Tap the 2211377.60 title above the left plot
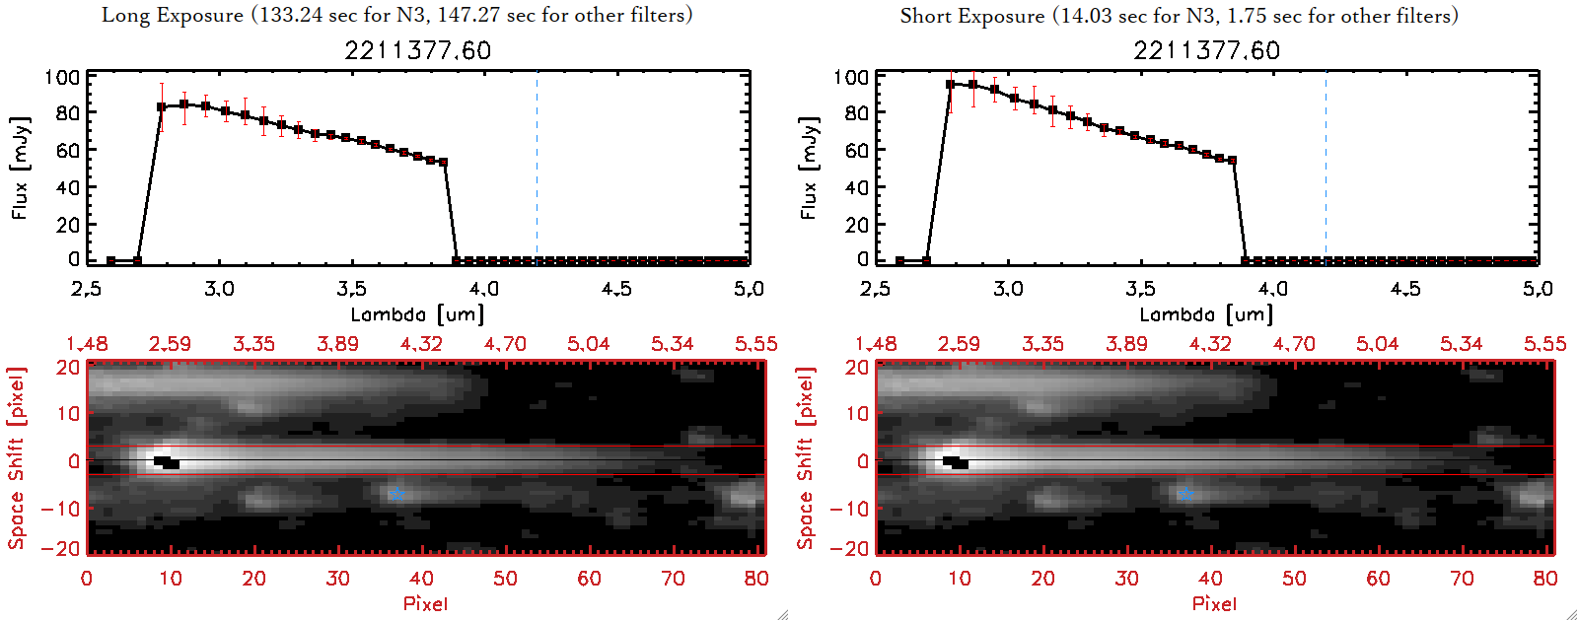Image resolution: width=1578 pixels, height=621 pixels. tap(417, 50)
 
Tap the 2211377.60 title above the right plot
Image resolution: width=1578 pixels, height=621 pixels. tap(1206, 50)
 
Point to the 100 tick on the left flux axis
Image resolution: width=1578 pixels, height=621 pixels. tap(62, 77)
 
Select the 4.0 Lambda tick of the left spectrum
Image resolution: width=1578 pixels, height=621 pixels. tap(483, 289)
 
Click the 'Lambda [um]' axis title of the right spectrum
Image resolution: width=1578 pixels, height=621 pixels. tap(1206, 314)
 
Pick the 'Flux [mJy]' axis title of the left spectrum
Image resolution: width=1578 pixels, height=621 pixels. tap(20, 168)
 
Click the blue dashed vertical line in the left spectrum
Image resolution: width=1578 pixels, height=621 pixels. tap(537, 168)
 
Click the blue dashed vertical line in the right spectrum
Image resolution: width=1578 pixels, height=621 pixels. tap(1326, 168)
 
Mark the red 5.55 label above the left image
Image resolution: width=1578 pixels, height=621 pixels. tap(755, 344)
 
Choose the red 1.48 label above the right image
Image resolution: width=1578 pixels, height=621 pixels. tap(876, 344)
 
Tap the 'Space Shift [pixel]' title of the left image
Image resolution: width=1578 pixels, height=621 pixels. tap(16, 458)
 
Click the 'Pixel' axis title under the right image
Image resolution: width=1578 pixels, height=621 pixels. tap(1214, 603)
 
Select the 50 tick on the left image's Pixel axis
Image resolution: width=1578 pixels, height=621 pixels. tap(505, 579)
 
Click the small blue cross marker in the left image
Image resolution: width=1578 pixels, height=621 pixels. tap(396, 495)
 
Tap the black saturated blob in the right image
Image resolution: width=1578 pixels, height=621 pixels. tap(956, 462)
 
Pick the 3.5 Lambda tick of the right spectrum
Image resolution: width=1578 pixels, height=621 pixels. tap(1140, 289)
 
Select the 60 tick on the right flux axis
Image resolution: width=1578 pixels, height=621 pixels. tap(856, 150)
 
